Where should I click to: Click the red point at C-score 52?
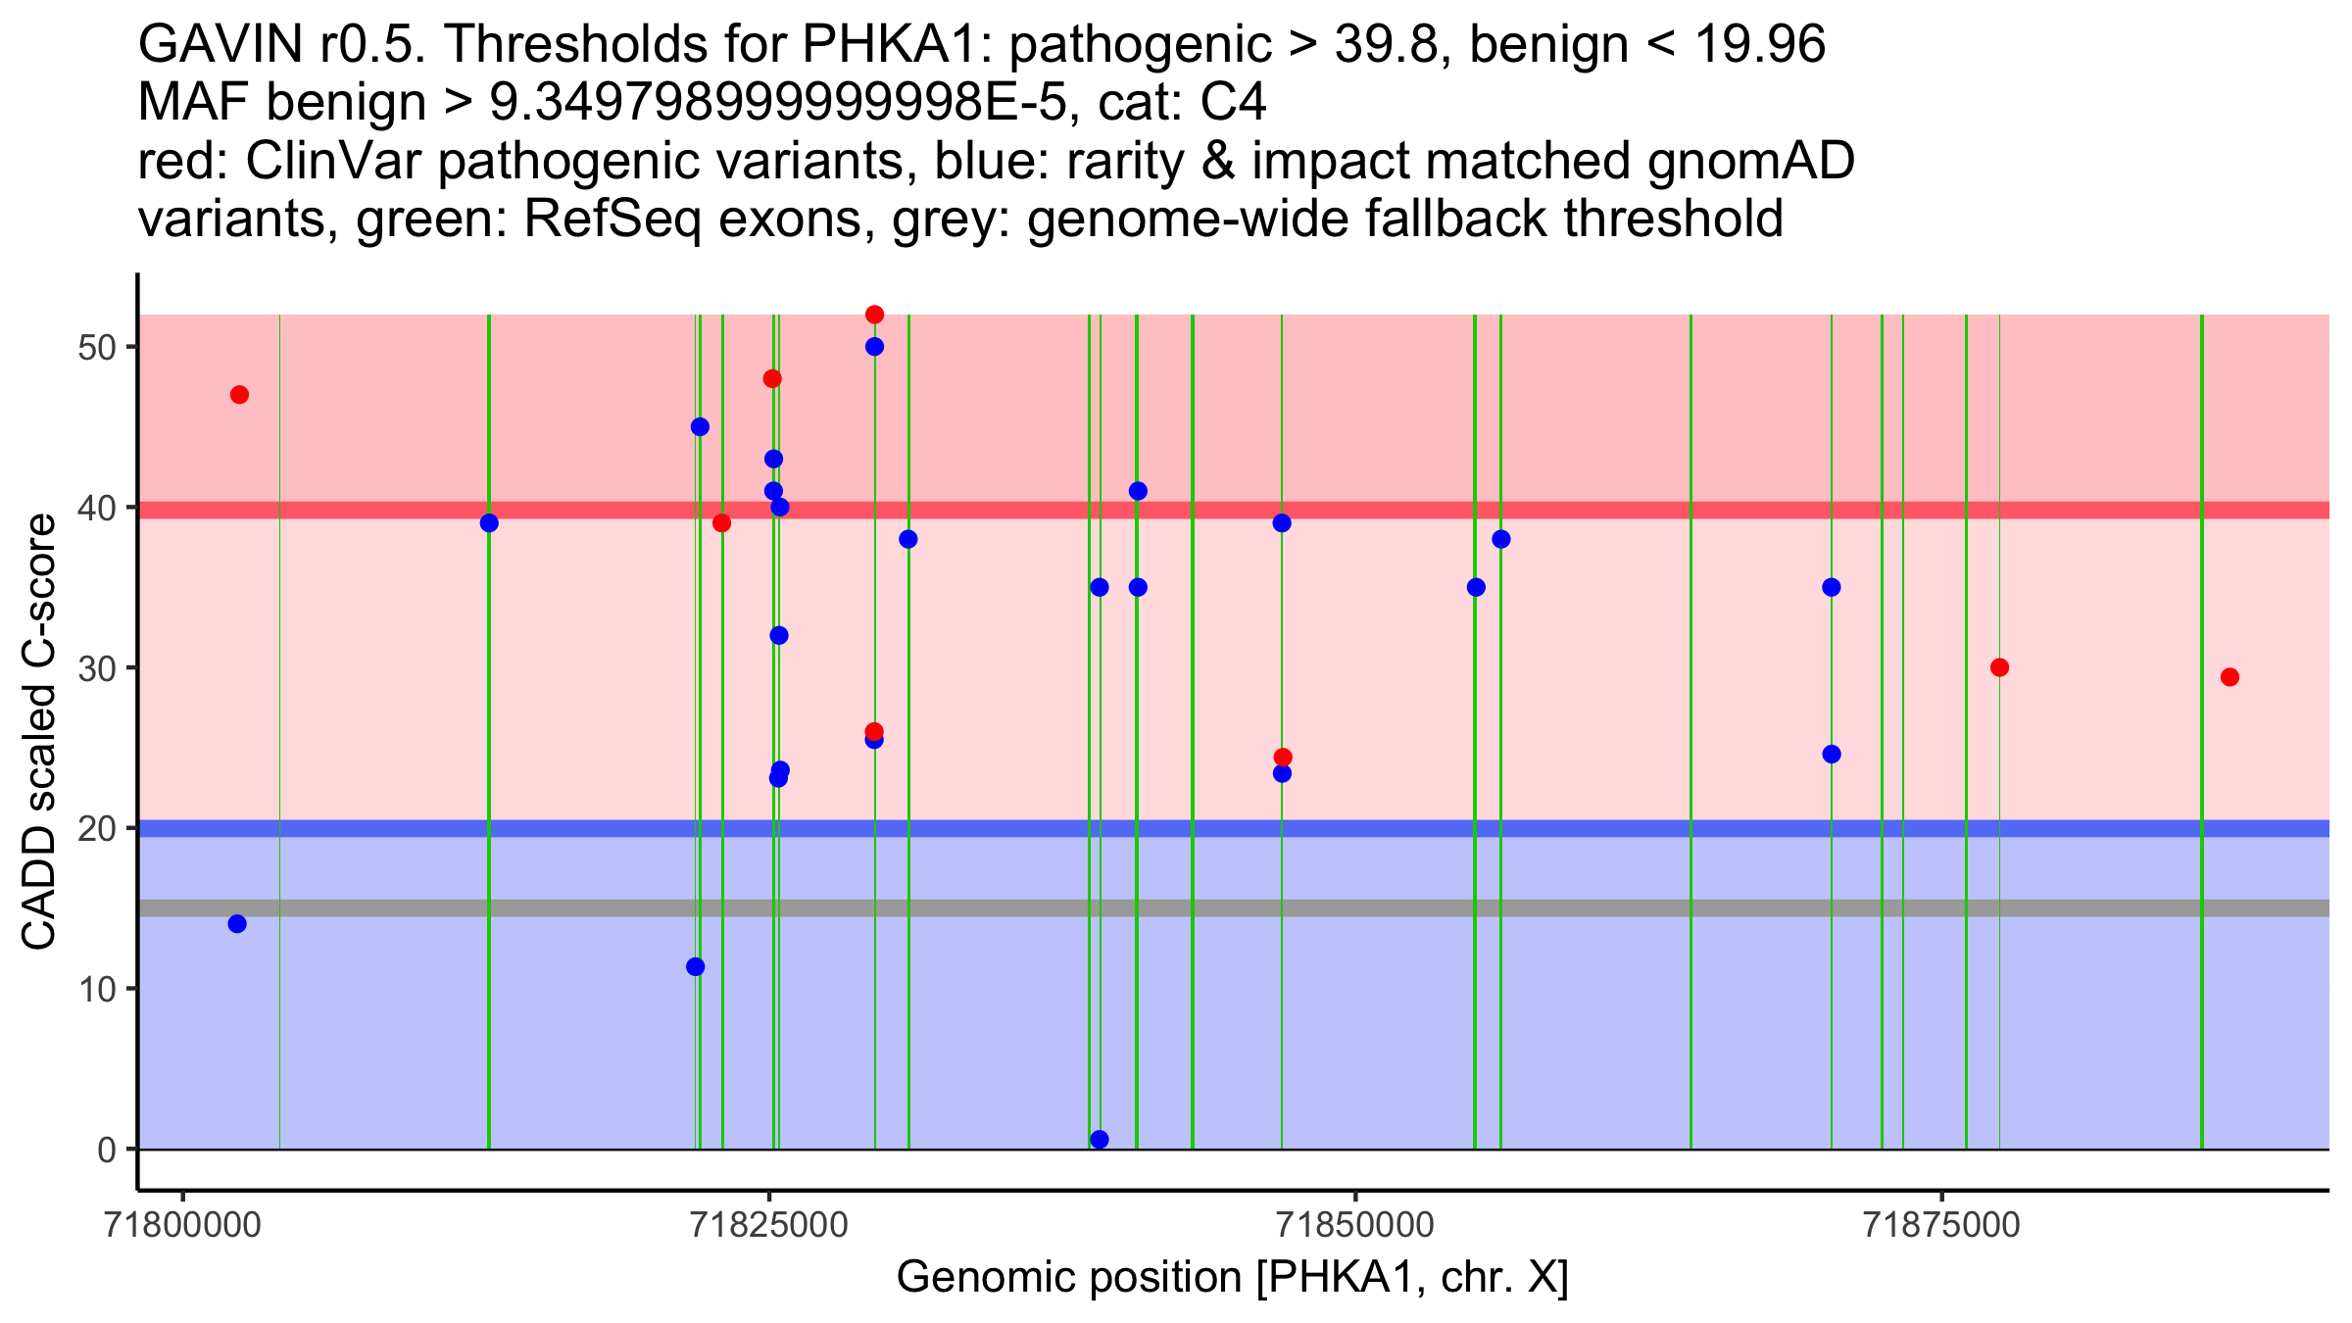click(x=874, y=315)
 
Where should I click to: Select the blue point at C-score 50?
click(x=874, y=347)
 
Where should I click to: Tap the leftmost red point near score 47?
click(x=239, y=395)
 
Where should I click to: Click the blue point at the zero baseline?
click(x=1100, y=1139)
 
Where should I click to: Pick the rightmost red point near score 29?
click(x=2229, y=677)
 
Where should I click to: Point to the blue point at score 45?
click(x=700, y=426)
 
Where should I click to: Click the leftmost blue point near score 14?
click(x=237, y=924)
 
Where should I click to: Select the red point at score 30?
click(x=1999, y=667)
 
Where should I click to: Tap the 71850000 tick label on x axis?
click(x=1355, y=1226)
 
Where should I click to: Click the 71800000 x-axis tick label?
click(x=182, y=1226)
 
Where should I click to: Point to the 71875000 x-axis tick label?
click(x=1941, y=1226)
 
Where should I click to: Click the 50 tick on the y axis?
click(x=96, y=348)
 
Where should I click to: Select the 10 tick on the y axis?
click(x=96, y=989)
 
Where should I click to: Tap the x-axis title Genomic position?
click(x=1232, y=1279)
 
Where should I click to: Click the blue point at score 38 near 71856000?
click(x=1500, y=539)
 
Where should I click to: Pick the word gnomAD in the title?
click(x=1750, y=162)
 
